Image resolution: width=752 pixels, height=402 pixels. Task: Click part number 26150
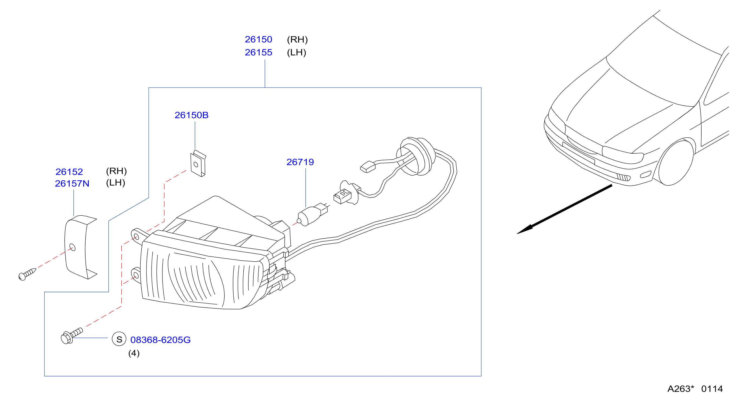258,39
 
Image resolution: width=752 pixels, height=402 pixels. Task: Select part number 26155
258,52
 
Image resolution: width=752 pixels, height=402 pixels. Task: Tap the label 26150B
191,115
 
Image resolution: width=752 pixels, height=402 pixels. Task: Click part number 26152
69,171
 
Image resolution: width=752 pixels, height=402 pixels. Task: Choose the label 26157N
72,183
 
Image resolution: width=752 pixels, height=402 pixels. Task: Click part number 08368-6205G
160,340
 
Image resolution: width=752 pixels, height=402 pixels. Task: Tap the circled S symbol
119,339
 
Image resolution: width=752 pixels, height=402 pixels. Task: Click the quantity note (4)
134,353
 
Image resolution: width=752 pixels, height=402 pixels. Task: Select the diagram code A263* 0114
695,388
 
